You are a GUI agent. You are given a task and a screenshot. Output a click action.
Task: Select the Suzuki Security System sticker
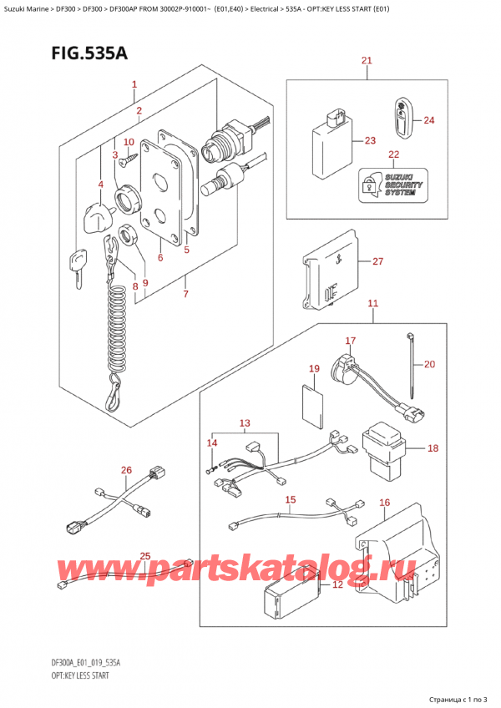pyautogui.click(x=390, y=184)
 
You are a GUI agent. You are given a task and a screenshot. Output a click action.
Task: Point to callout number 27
pyautogui.click(x=377, y=262)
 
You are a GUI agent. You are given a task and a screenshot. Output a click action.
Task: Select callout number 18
pyautogui.click(x=432, y=448)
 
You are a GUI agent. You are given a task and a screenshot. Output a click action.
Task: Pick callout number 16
pyautogui.click(x=383, y=503)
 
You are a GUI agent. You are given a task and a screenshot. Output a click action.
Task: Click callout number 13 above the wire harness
pyautogui.click(x=244, y=424)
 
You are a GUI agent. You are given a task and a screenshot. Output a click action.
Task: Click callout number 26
pyautogui.click(x=126, y=471)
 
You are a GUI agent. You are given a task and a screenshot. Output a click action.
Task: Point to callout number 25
pyautogui.click(x=145, y=557)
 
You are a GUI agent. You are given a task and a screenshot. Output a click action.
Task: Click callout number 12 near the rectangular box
pyautogui.click(x=337, y=584)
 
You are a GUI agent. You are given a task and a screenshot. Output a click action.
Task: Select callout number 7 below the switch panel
pyautogui.click(x=185, y=294)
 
